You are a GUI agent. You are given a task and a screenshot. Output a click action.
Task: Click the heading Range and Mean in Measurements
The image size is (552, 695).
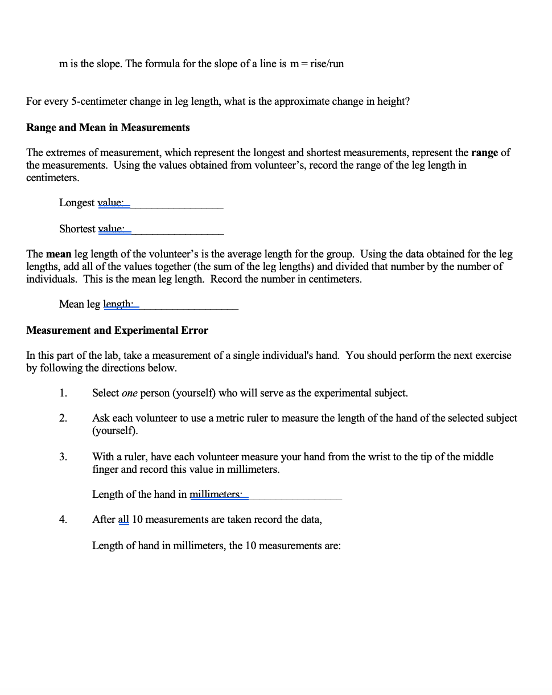coord(108,128)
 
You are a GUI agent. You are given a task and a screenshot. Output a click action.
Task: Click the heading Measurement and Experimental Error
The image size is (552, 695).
coord(117,330)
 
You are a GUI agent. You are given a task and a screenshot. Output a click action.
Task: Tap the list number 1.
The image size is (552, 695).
coord(63,393)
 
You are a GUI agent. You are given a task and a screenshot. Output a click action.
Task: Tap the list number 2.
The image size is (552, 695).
coord(63,418)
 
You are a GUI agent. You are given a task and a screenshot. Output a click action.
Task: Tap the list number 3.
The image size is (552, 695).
coord(63,457)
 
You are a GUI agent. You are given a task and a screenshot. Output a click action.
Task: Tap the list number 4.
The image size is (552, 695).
coord(63,520)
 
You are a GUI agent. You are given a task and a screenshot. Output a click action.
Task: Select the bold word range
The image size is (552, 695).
coord(484,153)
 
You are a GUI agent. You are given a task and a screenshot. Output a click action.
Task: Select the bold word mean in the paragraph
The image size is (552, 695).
coord(59,254)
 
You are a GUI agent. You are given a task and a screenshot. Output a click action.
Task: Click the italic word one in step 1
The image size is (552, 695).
coord(129,393)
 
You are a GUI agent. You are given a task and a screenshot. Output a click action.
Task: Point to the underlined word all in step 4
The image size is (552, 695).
coord(123,520)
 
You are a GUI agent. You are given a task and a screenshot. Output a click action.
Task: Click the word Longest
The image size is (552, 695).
coord(77,203)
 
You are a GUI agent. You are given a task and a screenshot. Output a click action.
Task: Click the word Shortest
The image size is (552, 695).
coord(77,229)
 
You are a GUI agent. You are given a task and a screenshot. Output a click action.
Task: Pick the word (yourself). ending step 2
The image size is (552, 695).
coord(115,431)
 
